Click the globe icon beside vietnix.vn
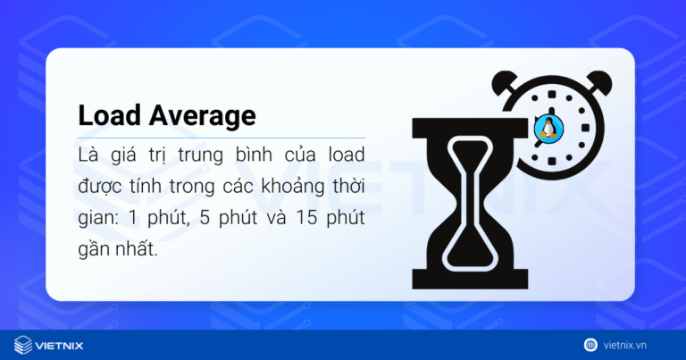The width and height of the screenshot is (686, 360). coord(590,344)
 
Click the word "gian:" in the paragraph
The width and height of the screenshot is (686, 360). coord(97,219)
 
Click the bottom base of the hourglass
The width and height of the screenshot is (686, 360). coord(465,272)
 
